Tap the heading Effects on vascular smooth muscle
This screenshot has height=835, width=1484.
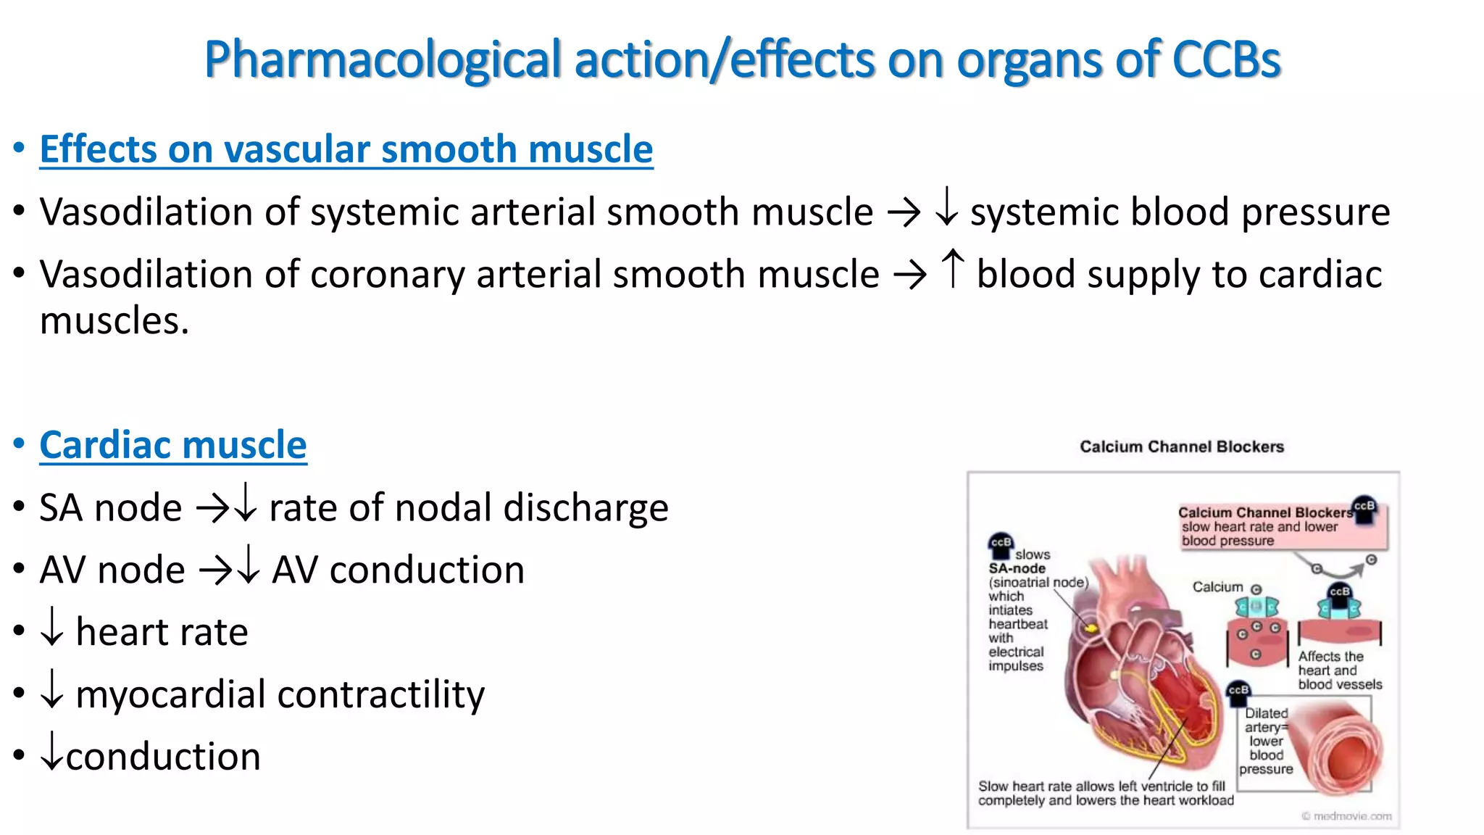tap(346, 149)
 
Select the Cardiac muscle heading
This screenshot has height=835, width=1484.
tap(173, 445)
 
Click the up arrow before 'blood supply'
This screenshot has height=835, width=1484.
tap(953, 269)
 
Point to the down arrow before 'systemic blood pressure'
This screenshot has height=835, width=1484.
tap(946, 207)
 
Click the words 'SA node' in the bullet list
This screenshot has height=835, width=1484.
tap(110, 507)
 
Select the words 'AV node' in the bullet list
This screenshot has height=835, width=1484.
tap(112, 570)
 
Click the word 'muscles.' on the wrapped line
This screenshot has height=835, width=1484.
tap(114, 321)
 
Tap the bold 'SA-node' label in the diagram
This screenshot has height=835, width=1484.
tap(1017, 568)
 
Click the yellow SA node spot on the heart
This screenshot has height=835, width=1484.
tap(1090, 626)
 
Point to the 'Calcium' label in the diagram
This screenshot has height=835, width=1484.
tap(1217, 587)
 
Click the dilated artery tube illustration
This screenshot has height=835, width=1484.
tap(1338, 747)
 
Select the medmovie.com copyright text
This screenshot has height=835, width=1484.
tap(1346, 816)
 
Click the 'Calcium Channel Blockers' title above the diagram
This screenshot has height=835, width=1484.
tap(1181, 446)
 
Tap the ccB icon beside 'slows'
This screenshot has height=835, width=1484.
tap(1001, 544)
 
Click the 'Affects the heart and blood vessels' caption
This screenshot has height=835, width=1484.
tap(1339, 670)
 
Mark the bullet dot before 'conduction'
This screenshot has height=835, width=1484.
tap(19, 756)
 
